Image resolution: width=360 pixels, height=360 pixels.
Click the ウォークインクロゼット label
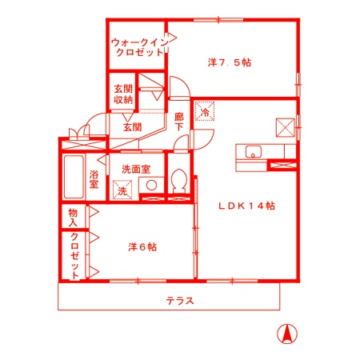(138, 46)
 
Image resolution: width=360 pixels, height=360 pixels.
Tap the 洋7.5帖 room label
(230, 62)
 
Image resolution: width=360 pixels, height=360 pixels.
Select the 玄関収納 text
(122, 93)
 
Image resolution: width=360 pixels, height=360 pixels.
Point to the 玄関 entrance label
(132, 126)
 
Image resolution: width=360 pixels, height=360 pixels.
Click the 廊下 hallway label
(179, 122)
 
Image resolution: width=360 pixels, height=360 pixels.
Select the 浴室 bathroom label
(94, 179)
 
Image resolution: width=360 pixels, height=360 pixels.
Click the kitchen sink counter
(252, 153)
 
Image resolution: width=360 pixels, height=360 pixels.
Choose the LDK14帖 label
(247, 206)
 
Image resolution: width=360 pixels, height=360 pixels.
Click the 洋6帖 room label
(142, 246)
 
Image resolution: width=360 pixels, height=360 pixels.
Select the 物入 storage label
(73, 218)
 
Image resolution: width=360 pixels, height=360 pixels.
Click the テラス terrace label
(180, 301)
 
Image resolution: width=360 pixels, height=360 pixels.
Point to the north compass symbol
(284, 334)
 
